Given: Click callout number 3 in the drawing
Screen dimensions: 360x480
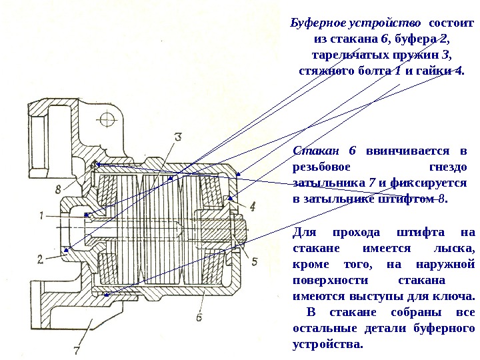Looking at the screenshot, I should tap(178, 137).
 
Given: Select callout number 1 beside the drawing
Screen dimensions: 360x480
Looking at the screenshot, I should tap(41, 215).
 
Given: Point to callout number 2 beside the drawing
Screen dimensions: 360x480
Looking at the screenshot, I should tap(41, 258).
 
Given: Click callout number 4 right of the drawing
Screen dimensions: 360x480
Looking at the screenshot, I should tap(253, 204).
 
